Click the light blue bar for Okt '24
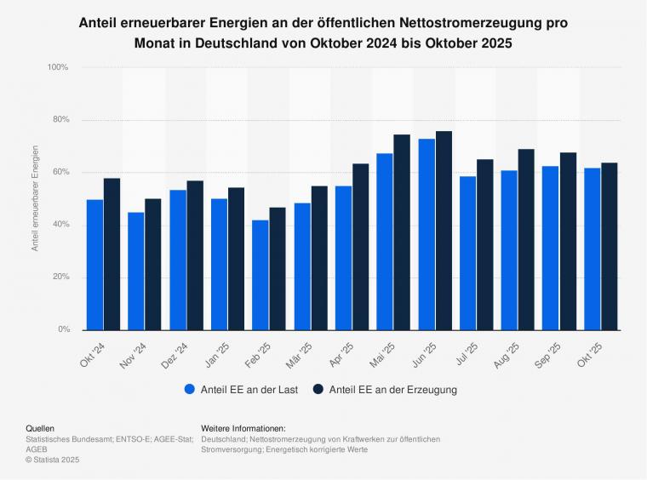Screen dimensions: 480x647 (x=94, y=265)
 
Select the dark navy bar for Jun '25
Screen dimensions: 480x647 (x=444, y=231)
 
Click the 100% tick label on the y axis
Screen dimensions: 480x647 (x=57, y=67)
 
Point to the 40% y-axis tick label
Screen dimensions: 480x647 (x=60, y=225)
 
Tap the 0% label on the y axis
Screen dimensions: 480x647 (x=62, y=329)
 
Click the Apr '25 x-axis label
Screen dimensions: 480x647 (x=342, y=353)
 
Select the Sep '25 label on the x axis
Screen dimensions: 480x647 (x=550, y=353)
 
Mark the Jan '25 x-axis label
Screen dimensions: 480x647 (x=217, y=353)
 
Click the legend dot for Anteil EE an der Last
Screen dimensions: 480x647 (x=189, y=390)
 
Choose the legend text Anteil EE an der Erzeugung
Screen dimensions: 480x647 (x=393, y=390)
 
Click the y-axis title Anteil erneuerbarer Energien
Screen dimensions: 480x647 (x=35, y=198)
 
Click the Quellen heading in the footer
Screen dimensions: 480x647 (x=41, y=428)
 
